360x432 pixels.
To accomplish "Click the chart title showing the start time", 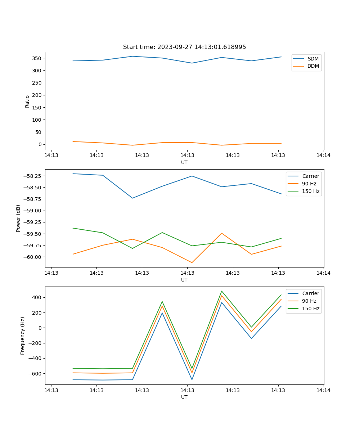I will pos(184,47).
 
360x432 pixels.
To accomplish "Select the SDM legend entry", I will pos(313,59).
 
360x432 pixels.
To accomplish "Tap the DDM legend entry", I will pos(313,66).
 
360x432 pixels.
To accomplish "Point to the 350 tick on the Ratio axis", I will pos(37,58).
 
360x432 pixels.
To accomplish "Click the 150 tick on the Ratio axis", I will pos(37,107).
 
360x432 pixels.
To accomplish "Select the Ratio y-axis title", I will pos(27,101).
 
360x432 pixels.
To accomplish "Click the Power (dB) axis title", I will pos(18,218).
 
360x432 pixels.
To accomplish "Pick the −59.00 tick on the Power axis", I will pos(33,211).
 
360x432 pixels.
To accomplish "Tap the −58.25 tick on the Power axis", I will pos(33,176).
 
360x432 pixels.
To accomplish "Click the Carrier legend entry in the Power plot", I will pos(311,176).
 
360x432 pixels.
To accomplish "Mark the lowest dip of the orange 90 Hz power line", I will pos(192,262).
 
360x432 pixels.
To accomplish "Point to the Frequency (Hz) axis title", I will pos(23,336).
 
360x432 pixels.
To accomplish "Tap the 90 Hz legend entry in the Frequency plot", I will pos(309,301).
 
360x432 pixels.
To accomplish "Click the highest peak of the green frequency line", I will pos(222,291).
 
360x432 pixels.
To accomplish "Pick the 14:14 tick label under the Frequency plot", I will pos(323,390).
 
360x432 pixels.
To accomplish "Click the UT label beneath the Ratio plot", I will pos(184,162).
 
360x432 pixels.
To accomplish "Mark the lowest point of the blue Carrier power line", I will pos(132,198).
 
